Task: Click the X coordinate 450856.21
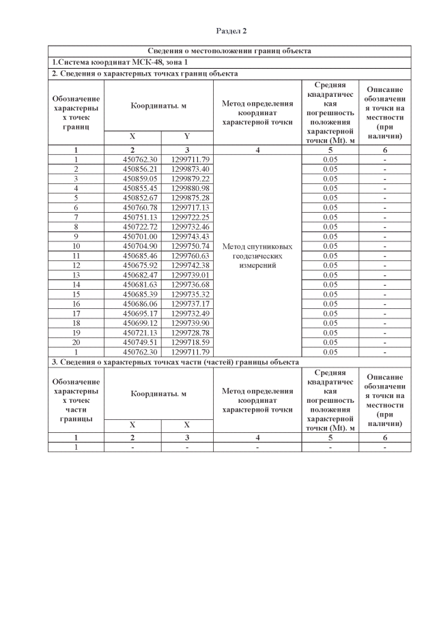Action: point(132,169)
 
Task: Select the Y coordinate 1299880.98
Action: point(186,188)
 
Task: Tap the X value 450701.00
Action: point(132,236)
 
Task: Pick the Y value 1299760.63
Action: point(186,255)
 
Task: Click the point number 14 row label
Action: point(76,284)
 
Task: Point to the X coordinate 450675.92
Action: point(132,265)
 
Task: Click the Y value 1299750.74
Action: point(186,245)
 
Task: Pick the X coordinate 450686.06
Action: point(132,303)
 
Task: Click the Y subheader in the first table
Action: point(186,136)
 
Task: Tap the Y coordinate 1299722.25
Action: point(186,217)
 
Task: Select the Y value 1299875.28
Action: point(186,198)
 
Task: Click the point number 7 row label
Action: point(76,217)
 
